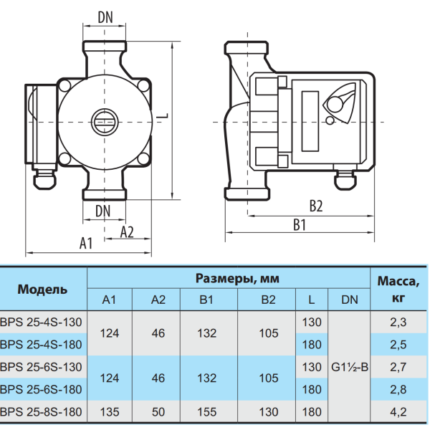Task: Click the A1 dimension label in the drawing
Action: coord(86,243)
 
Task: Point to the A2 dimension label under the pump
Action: coord(127,232)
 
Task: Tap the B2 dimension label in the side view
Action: coord(316,206)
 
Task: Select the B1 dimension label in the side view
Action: coord(300,225)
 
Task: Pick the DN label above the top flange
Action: coord(105,17)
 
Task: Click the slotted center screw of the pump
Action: coord(105,122)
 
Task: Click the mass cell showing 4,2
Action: coord(398,412)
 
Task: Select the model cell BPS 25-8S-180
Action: coord(41,412)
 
